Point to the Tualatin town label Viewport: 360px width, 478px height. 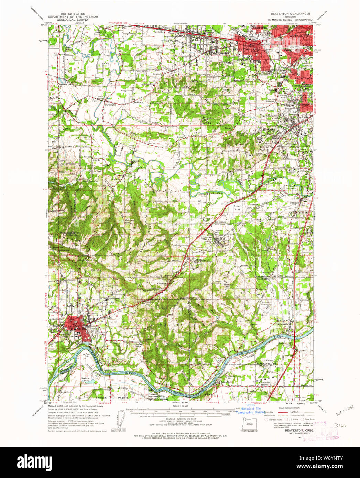[295, 203]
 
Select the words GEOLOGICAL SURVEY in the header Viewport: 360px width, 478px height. [68, 20]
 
